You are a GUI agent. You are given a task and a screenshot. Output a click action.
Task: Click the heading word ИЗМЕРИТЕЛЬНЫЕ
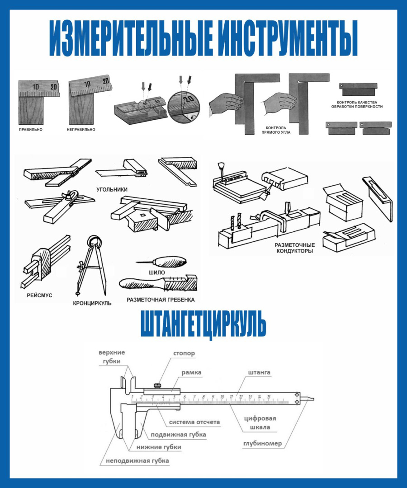click(x=132, y=38)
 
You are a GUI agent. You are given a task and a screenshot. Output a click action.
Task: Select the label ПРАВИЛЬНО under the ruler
click(x=30, y=130)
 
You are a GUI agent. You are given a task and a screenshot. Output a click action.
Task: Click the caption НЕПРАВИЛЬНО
click(x=81, y=130)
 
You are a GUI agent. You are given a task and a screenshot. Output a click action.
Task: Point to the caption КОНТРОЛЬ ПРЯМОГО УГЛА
click(x=276, y=130)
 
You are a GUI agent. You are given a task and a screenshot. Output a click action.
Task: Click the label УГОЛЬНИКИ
click(x=112, y=189)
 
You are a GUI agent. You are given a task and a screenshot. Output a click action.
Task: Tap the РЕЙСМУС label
click(x=39, y=296)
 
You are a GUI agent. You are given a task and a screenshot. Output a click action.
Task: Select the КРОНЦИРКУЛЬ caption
click(x=92, y=303)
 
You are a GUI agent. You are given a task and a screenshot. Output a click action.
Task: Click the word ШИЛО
click(x=156, y=272)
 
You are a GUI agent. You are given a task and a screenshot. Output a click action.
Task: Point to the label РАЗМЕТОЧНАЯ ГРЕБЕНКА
click(x=161, y=300)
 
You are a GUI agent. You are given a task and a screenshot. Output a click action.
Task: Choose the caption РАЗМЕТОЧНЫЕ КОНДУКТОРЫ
click(x=294, y=248)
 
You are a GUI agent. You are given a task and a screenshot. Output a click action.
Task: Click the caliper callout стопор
click(x=184, y=353)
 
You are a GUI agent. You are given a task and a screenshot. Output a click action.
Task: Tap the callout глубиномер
click(x=262, y=443)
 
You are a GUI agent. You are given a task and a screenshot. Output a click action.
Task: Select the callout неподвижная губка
click(x=137, y=460)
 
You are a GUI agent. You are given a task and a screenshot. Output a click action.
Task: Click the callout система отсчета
click(x=194, y=422)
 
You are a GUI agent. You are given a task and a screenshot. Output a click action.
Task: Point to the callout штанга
click(x=259, y=372)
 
